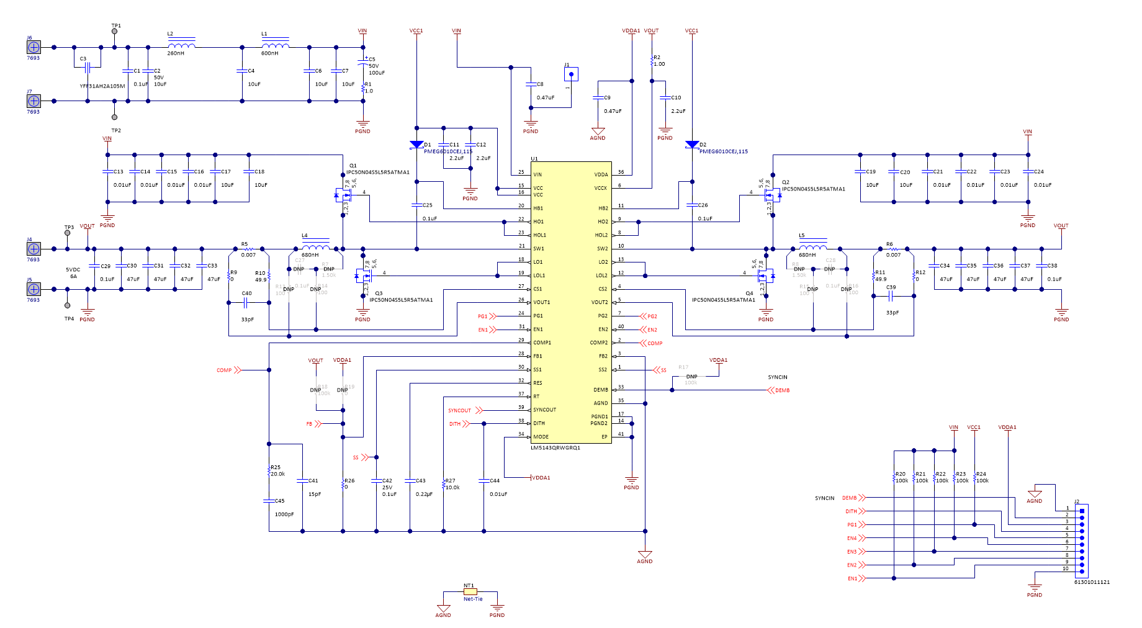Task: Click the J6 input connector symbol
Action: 34,47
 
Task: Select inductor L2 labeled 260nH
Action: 181,45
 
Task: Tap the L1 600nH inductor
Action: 275,45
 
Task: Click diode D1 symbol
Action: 416,145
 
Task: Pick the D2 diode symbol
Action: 692,145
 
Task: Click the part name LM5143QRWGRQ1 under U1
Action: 555,447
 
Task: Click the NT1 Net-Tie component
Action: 470,592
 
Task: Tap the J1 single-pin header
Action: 571,74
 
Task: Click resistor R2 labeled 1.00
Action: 652,61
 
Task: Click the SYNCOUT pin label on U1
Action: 544,410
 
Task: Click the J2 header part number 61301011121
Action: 1092,582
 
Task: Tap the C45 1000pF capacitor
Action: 269,500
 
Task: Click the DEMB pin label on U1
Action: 600,390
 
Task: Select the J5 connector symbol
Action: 34,289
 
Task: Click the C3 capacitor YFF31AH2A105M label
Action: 102,86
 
